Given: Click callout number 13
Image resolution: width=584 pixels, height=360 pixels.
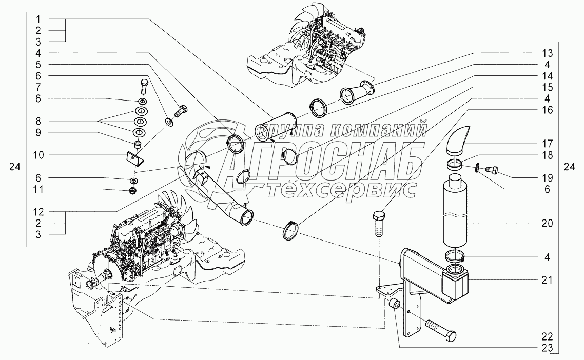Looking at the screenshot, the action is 547,53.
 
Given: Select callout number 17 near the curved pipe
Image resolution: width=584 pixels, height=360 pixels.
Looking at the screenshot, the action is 547,144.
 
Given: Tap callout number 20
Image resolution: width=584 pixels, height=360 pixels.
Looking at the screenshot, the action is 547,224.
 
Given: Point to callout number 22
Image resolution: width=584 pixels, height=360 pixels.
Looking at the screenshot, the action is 547,336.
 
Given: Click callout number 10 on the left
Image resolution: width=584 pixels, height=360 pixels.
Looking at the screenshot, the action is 38,155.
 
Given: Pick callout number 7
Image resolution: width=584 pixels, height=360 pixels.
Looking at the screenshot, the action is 38,87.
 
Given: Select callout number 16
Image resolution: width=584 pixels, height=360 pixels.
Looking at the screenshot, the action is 547,110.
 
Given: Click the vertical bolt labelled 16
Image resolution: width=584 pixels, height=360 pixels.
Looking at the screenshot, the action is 378,224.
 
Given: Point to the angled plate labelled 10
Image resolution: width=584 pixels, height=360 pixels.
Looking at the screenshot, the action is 135,158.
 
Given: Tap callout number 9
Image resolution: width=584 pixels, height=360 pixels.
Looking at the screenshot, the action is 38,132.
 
